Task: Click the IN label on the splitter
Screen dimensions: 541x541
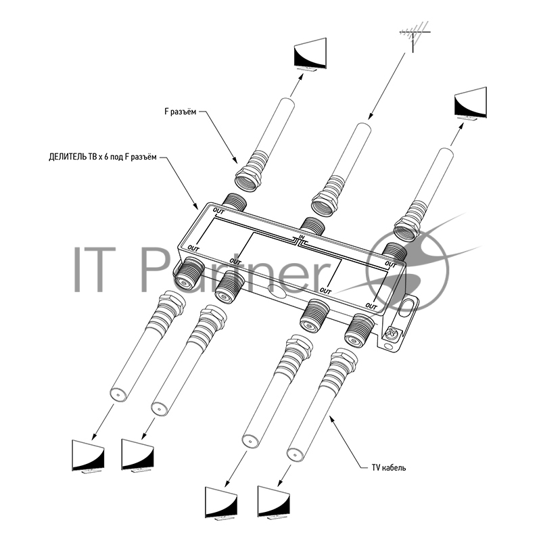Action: point(302,237)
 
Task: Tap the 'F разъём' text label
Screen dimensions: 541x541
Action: point(180,112)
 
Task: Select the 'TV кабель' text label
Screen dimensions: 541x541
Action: point(389,468)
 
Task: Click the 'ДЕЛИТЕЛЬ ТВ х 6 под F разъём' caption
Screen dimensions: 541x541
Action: point(103,158)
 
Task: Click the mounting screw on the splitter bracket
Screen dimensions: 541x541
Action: point(392,333)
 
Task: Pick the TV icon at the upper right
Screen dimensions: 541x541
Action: point(470,103)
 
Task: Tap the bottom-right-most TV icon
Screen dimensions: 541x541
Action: point(274,503)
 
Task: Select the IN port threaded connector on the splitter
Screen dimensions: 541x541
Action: point(312,226)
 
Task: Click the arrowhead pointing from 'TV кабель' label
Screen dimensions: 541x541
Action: point(331,418)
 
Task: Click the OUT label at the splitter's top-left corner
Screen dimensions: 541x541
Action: point(218,210)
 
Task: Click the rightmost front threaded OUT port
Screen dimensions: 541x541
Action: point(359,330)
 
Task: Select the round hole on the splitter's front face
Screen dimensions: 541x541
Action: point(277,291)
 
